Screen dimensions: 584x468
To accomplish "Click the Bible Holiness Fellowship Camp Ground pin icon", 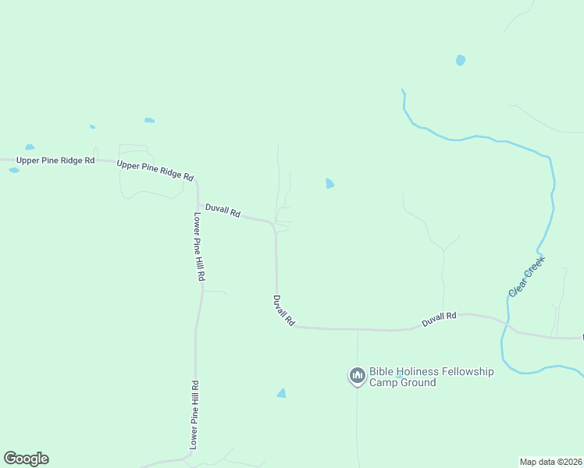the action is point(358,376).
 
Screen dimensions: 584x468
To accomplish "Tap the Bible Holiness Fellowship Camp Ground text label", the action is point(431,377).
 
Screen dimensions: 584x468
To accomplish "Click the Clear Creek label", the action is point(526,276).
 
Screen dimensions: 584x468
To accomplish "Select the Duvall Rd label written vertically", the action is point(283,310).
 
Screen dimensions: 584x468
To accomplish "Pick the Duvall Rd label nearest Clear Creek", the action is point(439,318).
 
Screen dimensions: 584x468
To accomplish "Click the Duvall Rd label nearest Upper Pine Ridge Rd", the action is point(223,211).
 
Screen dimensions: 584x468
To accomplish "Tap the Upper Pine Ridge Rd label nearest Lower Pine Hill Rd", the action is point(155,170).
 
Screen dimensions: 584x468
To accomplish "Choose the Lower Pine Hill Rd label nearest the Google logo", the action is point(195,414).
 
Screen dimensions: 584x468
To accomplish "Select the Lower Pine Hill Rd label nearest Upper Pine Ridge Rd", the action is point(199,246).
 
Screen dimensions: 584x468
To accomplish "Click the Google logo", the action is point(26,459).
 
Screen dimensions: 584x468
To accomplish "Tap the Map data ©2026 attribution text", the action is point(551,461).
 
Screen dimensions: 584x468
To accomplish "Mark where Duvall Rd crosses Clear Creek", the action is point(506,324).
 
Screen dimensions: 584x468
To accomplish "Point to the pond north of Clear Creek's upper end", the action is point(461,60).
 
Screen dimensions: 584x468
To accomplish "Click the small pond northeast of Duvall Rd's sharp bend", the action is point(329,184).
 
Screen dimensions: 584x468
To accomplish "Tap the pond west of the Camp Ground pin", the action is point(281,393).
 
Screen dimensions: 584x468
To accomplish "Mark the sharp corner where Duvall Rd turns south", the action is point(273,225).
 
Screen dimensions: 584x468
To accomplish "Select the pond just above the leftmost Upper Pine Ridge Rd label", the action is point(30,147).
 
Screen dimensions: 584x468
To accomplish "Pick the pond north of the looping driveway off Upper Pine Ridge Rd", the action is point(149,120).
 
